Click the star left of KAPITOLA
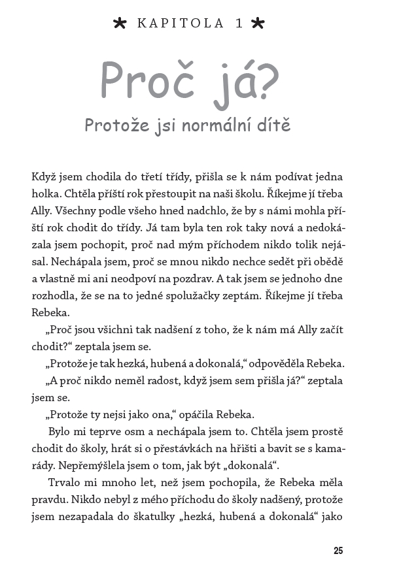tap(120, 24)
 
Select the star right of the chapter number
tap(258, 24)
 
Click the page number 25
tap(338, 551)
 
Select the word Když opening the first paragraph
tap(43, 177)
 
